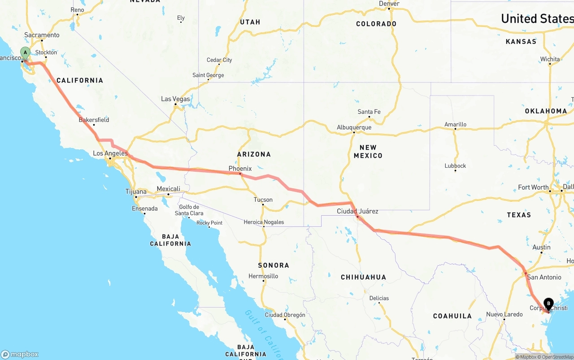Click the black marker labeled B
point(548,304)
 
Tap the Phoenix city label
point(240,169)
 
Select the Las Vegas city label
point(175,99)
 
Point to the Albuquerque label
point(354,127)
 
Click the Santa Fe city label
point(369,112)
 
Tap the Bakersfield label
point(94,120)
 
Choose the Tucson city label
point(263,200)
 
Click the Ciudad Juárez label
point(357,211)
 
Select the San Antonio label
point(544,277)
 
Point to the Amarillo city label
point(455,124)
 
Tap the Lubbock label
point(455,165)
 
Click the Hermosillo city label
point(263,276)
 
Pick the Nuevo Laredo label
point(504,314)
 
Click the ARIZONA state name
point(254,154)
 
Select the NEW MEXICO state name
point(368,152)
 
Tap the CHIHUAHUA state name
point(363,277)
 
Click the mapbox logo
point(20,354)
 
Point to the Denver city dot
point(389,9)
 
